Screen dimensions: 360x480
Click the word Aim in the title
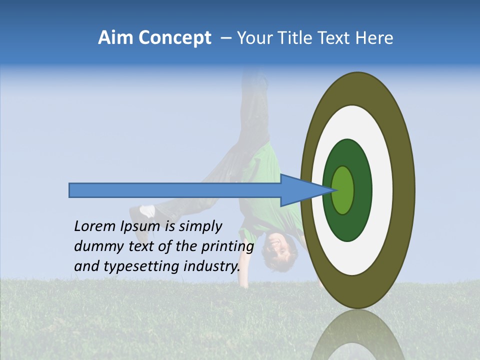114,38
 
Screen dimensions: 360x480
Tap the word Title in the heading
293,38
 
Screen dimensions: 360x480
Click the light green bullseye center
343,190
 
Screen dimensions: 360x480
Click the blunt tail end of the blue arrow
70,190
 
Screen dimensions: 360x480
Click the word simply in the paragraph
200,226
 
